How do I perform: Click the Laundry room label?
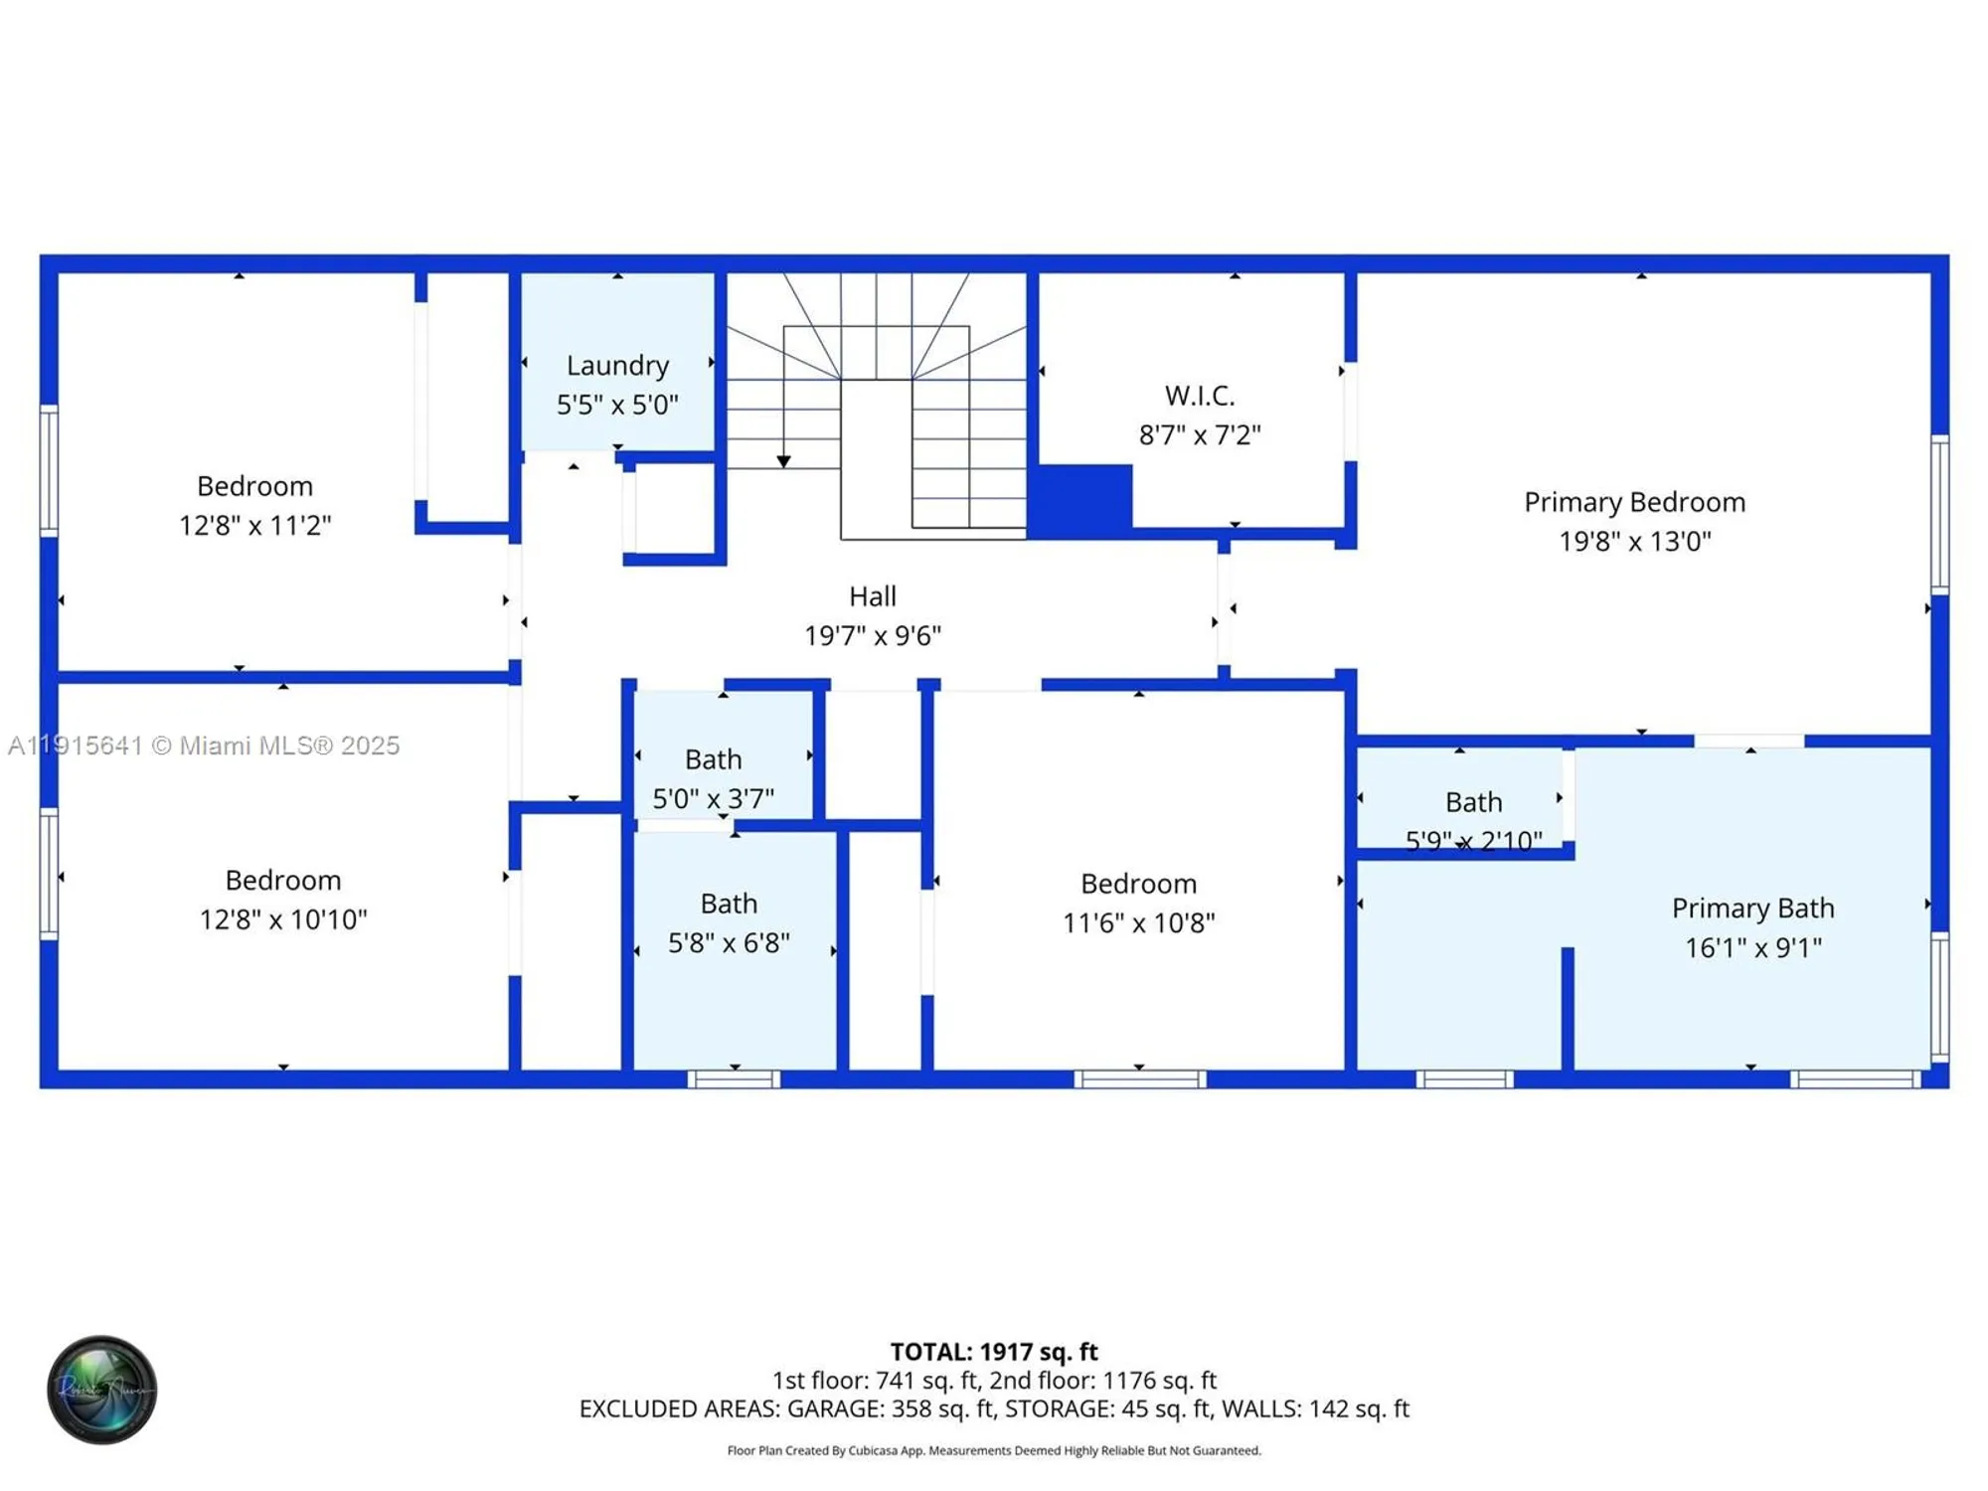click(617, 366)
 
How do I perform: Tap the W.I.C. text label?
click(1200, 396)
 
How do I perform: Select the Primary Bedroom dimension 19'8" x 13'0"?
click(1634, 542)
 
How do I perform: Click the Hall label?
click(872, 596)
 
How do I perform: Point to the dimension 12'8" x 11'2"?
click(254, 526)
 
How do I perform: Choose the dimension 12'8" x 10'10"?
click(283, 919)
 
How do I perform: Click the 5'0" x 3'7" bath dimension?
click(713, 798)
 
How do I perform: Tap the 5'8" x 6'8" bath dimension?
click(729, 942)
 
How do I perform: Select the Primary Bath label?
click(1752, 909)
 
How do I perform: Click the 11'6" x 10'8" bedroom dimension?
click(1138, 923)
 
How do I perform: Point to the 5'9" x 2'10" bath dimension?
click(1473, 841)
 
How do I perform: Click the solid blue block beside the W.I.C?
click(1079, 500)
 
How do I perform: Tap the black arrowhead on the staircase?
click(783, 461)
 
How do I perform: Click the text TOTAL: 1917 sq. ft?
click(993, 1352)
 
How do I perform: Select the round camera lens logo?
click(101, 1390)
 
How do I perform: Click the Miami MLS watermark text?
click(204, 745)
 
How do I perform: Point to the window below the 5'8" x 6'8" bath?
click(734, 1079)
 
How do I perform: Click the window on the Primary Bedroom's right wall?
click(1939, 514)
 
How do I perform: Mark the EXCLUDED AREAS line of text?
click(993, 1408)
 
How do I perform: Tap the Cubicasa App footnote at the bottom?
click(993, 1451)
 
